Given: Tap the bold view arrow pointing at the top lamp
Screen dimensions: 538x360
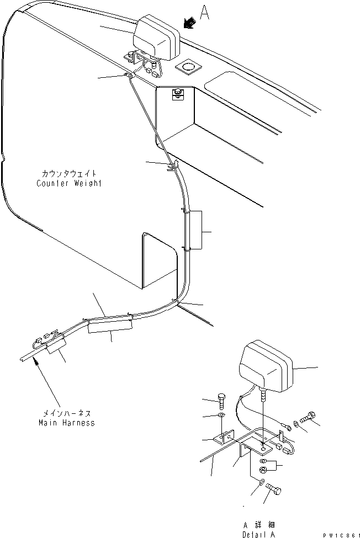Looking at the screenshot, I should pos(189,23).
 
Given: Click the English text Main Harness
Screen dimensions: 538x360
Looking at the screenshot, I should pos(67,423).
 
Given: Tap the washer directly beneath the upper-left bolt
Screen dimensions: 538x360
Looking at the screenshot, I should pos(221,416).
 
